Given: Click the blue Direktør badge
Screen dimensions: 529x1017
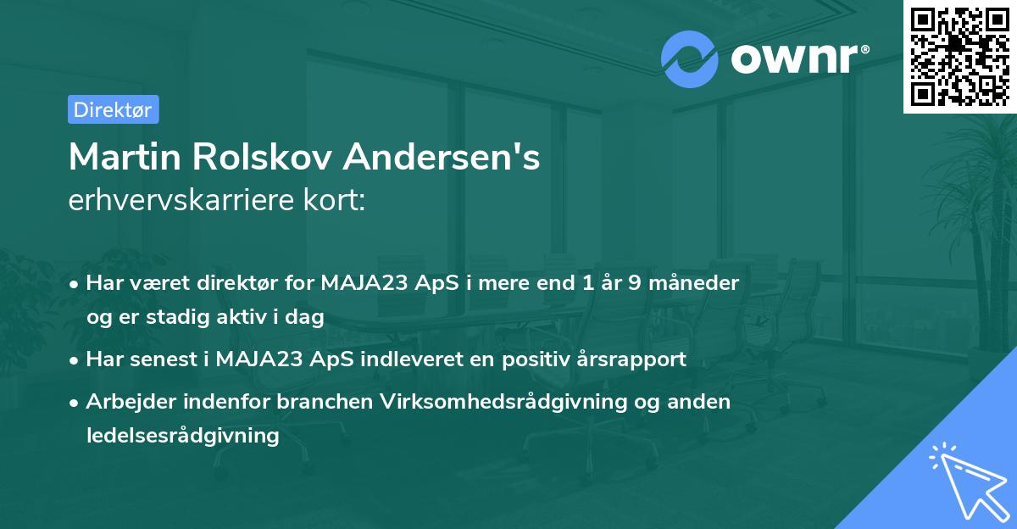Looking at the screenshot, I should (x=113, y=109).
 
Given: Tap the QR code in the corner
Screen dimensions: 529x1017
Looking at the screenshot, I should (x=959, y=56).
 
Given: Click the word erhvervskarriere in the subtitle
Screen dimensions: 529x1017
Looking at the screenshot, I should (x=175, y=202).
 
